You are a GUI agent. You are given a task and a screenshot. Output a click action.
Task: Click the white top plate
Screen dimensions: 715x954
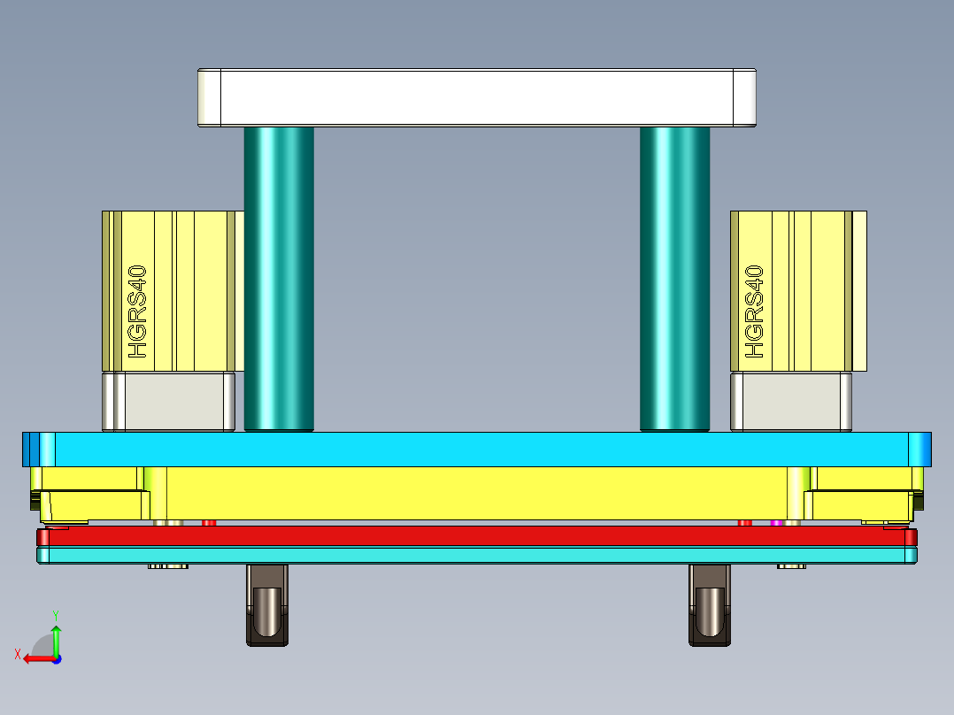[478, 97]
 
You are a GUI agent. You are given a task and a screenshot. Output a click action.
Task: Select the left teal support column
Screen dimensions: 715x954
[279, 279]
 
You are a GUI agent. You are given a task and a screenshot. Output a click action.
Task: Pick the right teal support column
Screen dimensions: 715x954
[674, 279]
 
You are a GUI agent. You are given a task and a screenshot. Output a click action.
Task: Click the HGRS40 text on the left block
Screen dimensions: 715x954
[137, 312]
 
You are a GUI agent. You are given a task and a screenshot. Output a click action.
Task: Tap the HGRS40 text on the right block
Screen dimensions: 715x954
[754, 312]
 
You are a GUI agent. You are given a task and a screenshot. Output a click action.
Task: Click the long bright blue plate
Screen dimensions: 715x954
[478, 450]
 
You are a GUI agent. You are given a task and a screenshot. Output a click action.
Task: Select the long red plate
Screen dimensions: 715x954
[478, 536]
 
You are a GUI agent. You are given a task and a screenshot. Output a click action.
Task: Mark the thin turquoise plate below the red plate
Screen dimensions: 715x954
[478, 555]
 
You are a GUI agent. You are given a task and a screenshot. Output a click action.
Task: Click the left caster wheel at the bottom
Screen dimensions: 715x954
[265, 611]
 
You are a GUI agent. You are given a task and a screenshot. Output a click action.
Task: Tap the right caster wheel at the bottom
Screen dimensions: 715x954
[710, 611]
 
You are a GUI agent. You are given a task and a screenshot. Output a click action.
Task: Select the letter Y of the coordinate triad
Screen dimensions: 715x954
[56, 614]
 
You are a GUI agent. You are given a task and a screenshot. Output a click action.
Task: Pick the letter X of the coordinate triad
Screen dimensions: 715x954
[18, 655]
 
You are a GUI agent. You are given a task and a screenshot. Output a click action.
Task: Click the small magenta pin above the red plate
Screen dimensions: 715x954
[776, 523]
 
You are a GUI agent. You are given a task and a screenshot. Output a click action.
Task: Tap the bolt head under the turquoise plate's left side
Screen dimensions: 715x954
[168, 566]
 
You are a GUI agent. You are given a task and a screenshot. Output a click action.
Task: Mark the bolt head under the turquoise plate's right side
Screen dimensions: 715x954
[791, 566]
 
